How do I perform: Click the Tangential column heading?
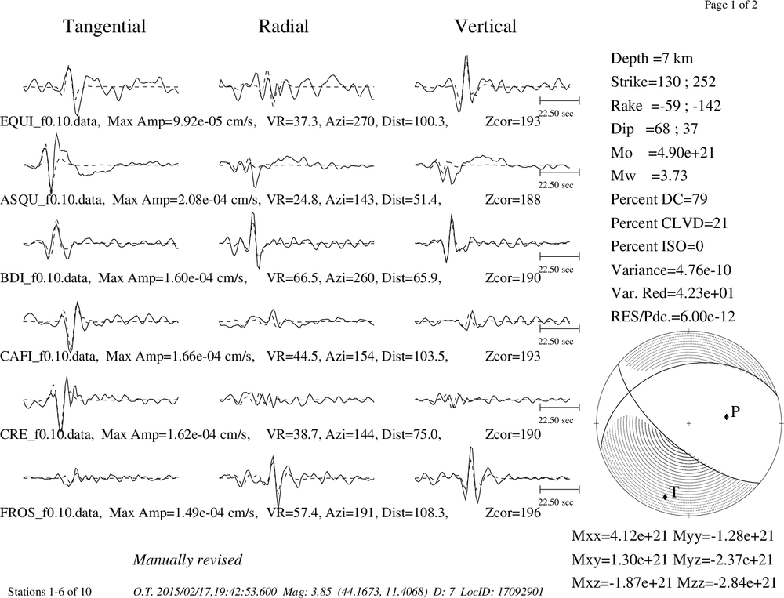(x=104, y=27)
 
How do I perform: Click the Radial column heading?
(x=284, y=27)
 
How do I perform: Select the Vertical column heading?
(x=485, y=27)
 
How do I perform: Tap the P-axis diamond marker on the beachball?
(x=726, y=416)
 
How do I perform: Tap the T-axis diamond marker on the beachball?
(x=665, y=496)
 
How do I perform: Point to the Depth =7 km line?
(x=652, y=59)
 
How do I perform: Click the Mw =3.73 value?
(x=649, y=176)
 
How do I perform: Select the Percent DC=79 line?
(x=659, y=199)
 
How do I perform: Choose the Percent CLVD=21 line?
(x=669, y=223)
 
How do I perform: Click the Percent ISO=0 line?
(x=657, y=246)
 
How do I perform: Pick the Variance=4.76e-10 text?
(x=671, y=270)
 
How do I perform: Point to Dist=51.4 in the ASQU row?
(x=412, y=200)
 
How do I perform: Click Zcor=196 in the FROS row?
(x=513, y=513)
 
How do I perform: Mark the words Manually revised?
(x=187, y=560)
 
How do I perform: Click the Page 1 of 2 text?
(x=731, y=5)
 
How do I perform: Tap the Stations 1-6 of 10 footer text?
(x=50, y=592)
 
